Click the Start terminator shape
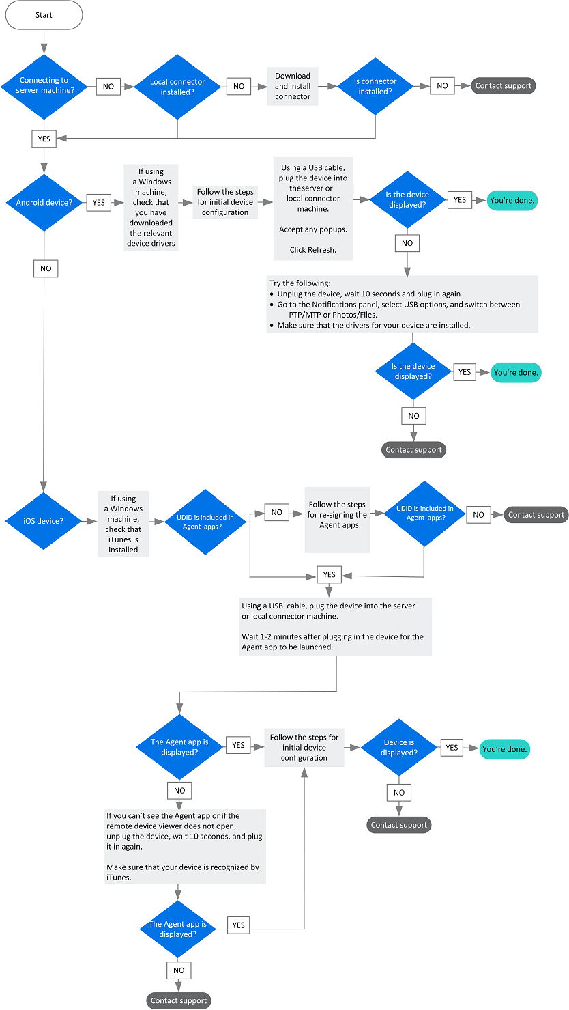44,14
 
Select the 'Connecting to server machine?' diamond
44,86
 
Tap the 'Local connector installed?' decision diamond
177,86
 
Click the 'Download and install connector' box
293,86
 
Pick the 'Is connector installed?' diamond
375,86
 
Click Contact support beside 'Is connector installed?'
504,86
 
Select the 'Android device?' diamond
44,202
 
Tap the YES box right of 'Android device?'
99,202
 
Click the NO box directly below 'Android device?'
46,268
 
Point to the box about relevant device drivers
151,207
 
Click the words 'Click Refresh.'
312,250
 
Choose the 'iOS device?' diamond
44,521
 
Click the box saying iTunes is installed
123,524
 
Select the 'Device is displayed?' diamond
399,747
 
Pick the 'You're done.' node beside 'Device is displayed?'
505,749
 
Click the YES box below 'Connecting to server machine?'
44,139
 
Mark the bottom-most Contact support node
179,1000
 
